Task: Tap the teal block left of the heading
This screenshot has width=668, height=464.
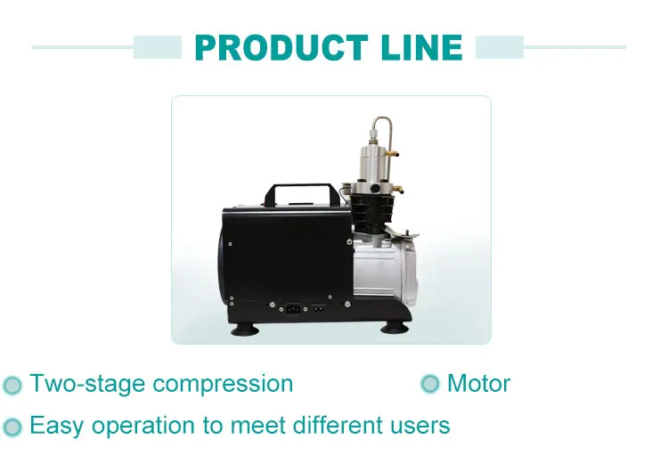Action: pos(158,47)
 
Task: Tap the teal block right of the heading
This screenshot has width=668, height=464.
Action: pos(500,47)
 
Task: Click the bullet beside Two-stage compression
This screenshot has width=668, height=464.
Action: pos(12,386)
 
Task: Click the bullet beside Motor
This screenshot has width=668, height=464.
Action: pos(430,385)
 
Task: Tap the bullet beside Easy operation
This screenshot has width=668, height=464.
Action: pos(12,427)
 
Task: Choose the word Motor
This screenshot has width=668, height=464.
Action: pos(478,384)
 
